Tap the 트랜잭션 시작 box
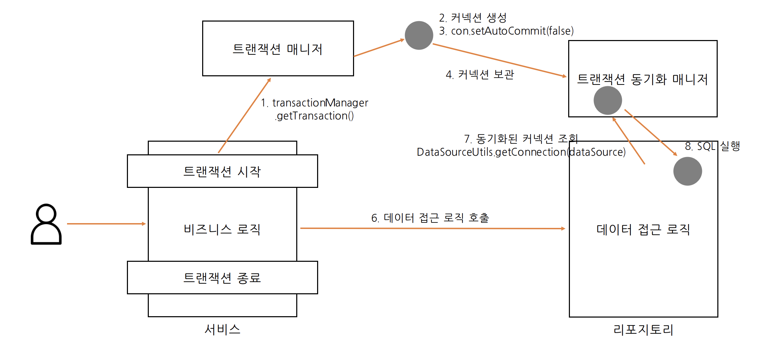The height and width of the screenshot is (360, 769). coord(222,171)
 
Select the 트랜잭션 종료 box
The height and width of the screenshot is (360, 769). coord(222,278)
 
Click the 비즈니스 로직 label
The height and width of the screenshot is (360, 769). coord(222,229)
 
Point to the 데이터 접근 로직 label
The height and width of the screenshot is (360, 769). coord(643,229)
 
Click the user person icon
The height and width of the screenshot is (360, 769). coord(46,224)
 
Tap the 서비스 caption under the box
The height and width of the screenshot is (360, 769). coord(222,329)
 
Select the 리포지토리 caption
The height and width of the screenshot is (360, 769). coord(643,330)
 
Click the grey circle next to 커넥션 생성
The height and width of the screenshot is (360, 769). coord(419,35)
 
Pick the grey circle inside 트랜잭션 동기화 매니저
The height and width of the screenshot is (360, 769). coord(608,100)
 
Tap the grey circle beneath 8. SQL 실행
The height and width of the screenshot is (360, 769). coord(688,171)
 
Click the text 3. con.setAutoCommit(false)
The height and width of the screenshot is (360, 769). coord(506,31)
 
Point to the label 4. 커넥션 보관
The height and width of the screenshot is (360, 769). coord(480,75)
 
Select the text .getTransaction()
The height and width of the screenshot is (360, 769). coord(314,116)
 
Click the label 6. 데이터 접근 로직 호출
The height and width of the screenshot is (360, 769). coord(430,218)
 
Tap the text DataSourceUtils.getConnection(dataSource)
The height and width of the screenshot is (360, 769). coord(521,152)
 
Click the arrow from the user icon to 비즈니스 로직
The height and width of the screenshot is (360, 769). coord(106,224)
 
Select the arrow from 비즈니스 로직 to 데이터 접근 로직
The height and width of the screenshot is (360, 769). coord(432,228)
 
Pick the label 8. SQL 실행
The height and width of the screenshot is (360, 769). coord(712,146)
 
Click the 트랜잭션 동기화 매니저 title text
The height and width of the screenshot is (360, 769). coord(642,79)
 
